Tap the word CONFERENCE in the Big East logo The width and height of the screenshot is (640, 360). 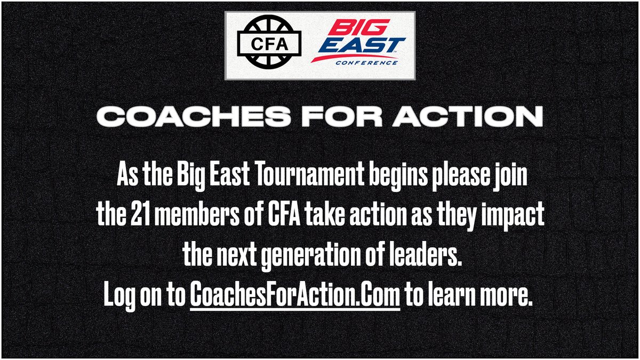(366, 62)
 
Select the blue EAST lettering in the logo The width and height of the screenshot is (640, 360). (365, 46)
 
